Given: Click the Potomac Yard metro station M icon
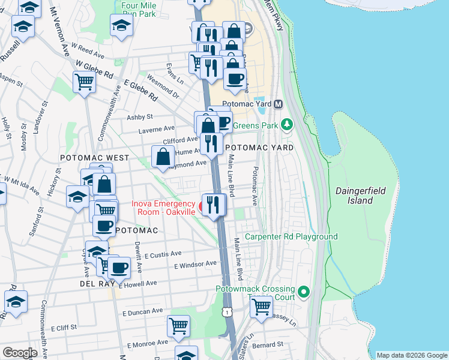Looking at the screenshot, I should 278,104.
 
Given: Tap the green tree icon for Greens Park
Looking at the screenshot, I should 288,125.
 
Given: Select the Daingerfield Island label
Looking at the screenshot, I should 366,196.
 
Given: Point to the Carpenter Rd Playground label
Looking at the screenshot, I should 291,237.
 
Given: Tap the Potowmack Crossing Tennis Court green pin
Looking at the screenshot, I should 304,292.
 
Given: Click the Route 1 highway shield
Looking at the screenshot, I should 226,312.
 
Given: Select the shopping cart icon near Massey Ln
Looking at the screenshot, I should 261,306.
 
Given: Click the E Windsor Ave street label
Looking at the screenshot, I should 195,264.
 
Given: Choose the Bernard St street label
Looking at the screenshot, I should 268,345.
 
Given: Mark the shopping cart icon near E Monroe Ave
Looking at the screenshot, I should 179,326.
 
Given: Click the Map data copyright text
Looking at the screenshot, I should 411,355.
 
